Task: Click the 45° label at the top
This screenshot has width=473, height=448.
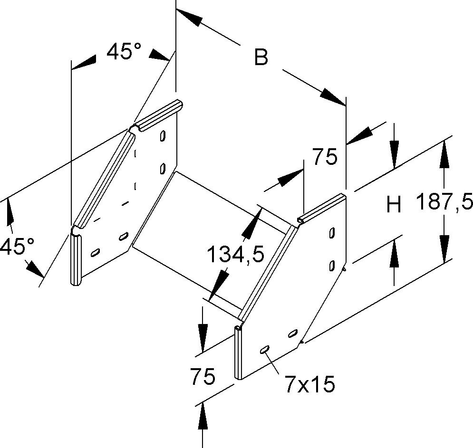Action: click(x=124, y=51)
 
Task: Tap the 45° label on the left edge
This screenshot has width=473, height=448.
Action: click(x=17, y=247)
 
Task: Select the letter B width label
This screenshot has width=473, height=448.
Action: click(x=261, y=57)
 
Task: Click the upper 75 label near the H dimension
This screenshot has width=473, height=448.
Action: click(x=324, y=156)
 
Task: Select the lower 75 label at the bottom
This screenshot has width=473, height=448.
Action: click(x=202, y=377)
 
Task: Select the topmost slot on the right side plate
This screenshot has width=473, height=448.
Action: click(x=331, y=233)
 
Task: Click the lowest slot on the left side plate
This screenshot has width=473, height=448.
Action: click(x=95, y=252)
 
